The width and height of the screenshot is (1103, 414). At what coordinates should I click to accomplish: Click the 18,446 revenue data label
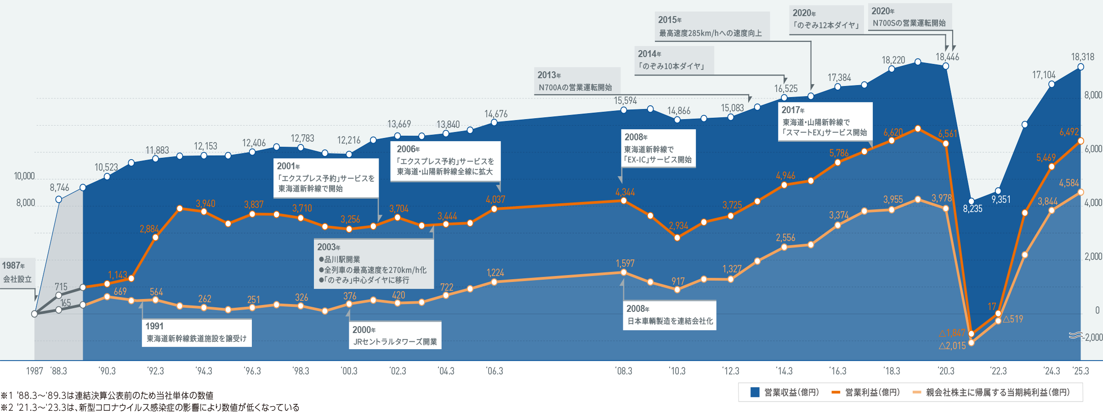tap(947, 57)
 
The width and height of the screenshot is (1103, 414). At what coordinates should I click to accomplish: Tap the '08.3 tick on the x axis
tap(623, 371)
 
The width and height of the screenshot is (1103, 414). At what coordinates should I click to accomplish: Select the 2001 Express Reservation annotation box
tap(326, 178)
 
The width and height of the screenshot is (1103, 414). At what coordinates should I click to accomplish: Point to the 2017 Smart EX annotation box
tap(825, 121)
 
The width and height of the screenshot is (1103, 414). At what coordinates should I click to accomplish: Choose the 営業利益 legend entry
tap(866, 392)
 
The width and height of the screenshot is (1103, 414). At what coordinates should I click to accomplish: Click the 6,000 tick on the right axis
tap(1093, 149)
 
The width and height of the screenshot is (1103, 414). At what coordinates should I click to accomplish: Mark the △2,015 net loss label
tap(952, 346)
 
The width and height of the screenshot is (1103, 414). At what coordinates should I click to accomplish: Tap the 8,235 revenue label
tap(972, 209)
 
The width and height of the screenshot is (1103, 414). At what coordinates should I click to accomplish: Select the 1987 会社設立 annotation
tap(17, 273)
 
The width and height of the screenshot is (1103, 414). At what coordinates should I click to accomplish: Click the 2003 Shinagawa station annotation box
tap(373, 264)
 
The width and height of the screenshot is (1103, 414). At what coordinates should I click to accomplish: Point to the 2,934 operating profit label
tap(678, 226)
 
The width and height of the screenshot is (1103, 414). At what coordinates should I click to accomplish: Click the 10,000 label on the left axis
tap(24, 176)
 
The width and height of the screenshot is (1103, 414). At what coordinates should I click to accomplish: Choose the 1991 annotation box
tap(196, 333)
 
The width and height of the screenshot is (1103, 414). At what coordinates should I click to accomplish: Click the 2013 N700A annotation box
tap(577, 81)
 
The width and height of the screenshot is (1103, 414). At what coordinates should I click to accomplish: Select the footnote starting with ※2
tap(150, 408)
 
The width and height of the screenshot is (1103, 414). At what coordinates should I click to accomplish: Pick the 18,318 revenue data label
tap(1082, 57)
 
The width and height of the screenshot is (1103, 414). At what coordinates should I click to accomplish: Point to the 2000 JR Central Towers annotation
tap(395, 336)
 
